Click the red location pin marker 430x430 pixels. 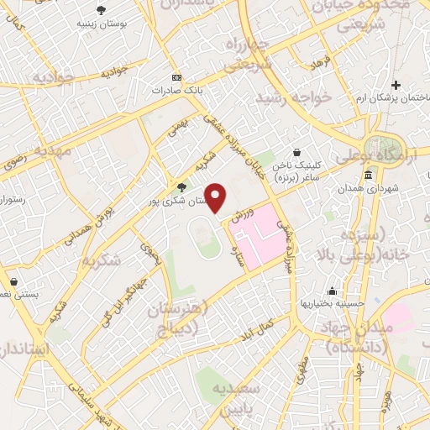tap(216, 198)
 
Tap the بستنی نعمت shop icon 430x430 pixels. tap(13, 281)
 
